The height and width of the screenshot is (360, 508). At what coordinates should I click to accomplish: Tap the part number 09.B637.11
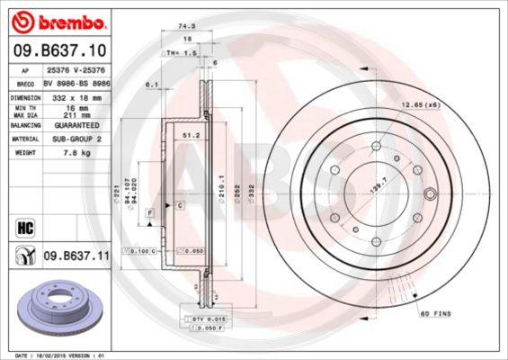click(76, 256)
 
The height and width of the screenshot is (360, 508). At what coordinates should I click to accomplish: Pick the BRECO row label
click(26, 81)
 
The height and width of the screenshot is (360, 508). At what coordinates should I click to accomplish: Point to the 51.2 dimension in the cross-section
click(190, 135)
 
